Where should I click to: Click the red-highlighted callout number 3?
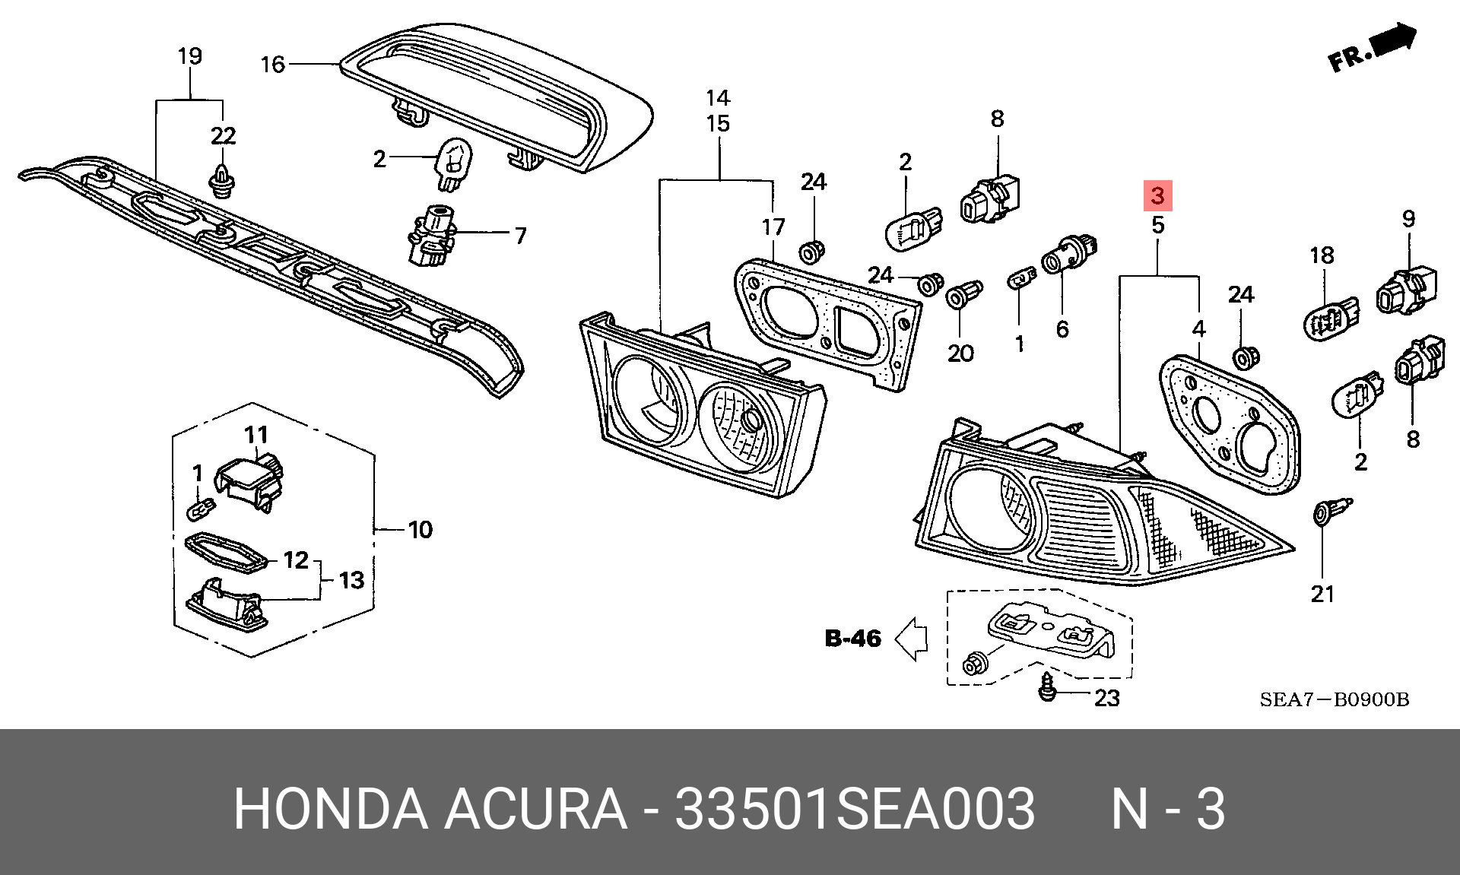(1157, 196)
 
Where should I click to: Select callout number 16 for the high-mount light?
(272, 65)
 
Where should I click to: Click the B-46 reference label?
(853, 638)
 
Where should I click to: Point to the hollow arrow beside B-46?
(911, 638)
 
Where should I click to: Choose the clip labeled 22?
(223, 181)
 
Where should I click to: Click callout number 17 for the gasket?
(773, 227)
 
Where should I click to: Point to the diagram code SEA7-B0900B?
(1334, 699)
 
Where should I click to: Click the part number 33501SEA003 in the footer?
(855, 809)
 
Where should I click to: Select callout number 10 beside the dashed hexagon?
(420, 529)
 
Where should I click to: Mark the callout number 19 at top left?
(189, 55)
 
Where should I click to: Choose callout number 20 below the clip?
(960, 353)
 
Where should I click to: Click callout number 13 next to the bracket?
(351, 581)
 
